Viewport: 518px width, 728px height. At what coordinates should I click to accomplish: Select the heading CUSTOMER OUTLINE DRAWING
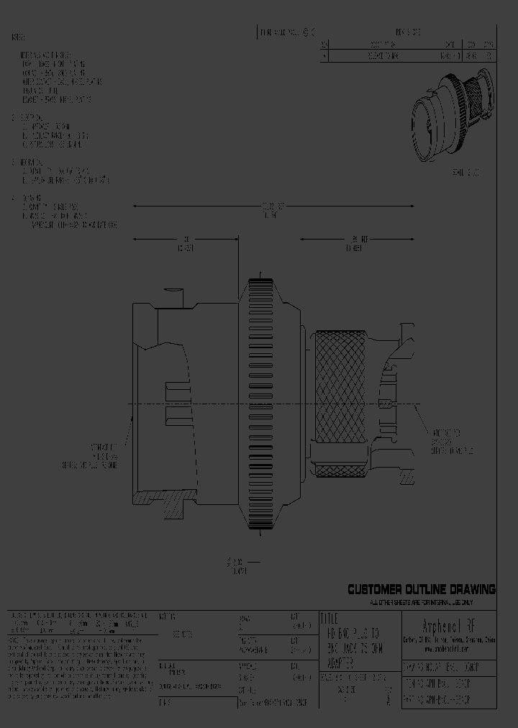pos(422,590)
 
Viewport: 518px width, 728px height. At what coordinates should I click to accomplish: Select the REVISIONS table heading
pos(408,32)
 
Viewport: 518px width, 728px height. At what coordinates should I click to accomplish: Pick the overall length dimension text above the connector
pos(271,210)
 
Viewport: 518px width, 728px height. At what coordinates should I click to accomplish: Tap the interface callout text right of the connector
pos(452,440)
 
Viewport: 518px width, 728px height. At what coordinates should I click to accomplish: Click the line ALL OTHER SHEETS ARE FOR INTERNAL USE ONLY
pos(421,601)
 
